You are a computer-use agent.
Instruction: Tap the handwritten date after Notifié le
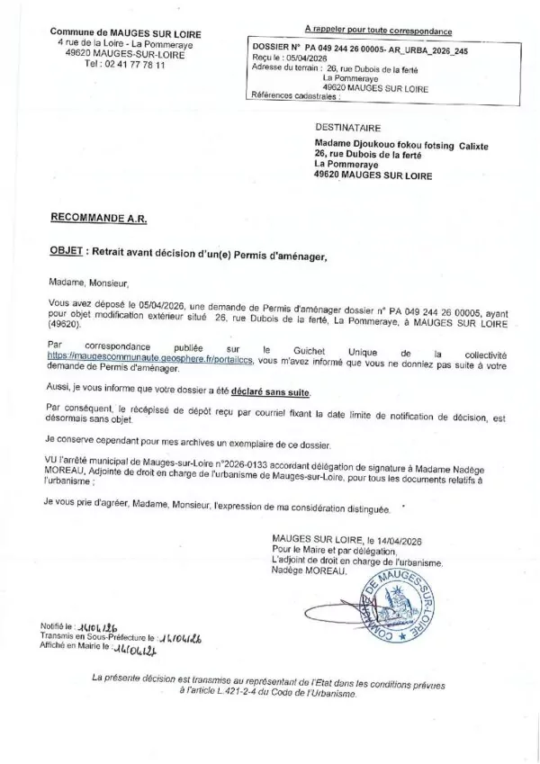coord(100,624)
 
